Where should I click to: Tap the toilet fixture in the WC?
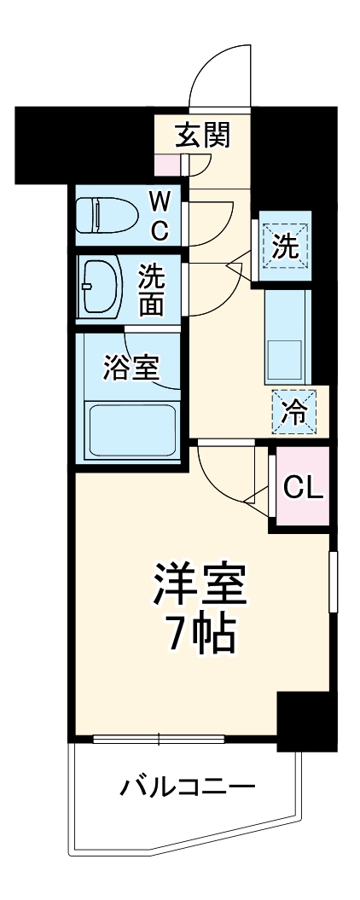(x=102, y=215)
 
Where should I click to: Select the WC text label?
(x=160, y=216)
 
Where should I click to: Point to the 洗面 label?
(x=155, y=290)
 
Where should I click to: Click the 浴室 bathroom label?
(x=130, y=369)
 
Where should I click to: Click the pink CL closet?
(x=302, y=486)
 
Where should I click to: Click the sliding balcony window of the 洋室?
(x=159, y=738)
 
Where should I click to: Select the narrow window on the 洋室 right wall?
(x=333, y=582)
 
